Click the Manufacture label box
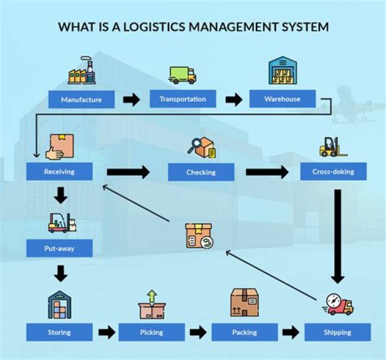click(81, 99)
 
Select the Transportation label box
click(182, 99)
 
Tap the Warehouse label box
click(282, 99)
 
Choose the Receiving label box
click(59, 172)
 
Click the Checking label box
click(201, 172)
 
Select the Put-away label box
click(59, 248)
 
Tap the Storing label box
click(59, 332)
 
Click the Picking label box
click(152, 332)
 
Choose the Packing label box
click(244, 332)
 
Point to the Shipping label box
click(337, 332)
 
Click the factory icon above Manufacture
click(81, 71)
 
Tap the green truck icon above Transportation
click(182, 75)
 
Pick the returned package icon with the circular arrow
click(198, 236)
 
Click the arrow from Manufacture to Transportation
click(131, 99)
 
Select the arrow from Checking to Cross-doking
click(266, 172)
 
